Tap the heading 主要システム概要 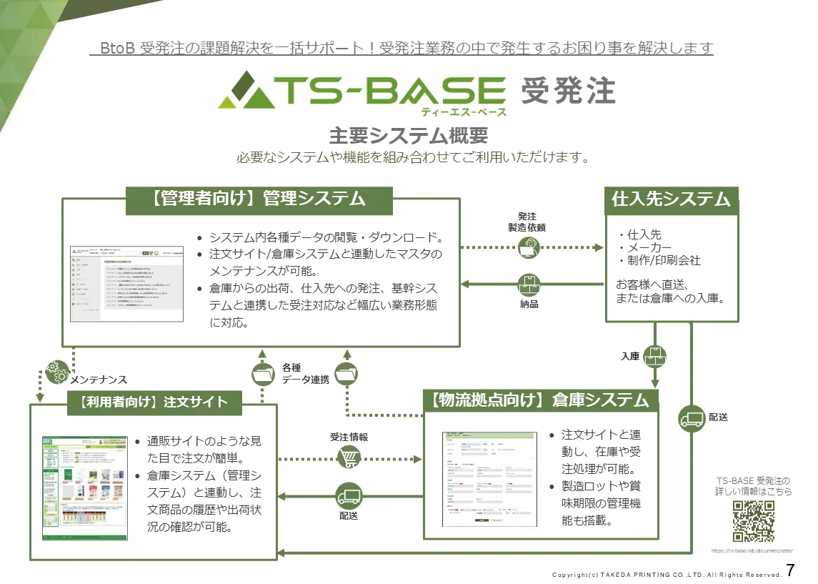click(408, 136)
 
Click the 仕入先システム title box click(671, 199)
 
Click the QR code click(753, 522)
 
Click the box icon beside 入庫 click(655, 355)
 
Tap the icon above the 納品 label click(529, 284)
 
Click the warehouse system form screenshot click(489, 477)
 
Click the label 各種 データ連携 click(305, 374)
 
